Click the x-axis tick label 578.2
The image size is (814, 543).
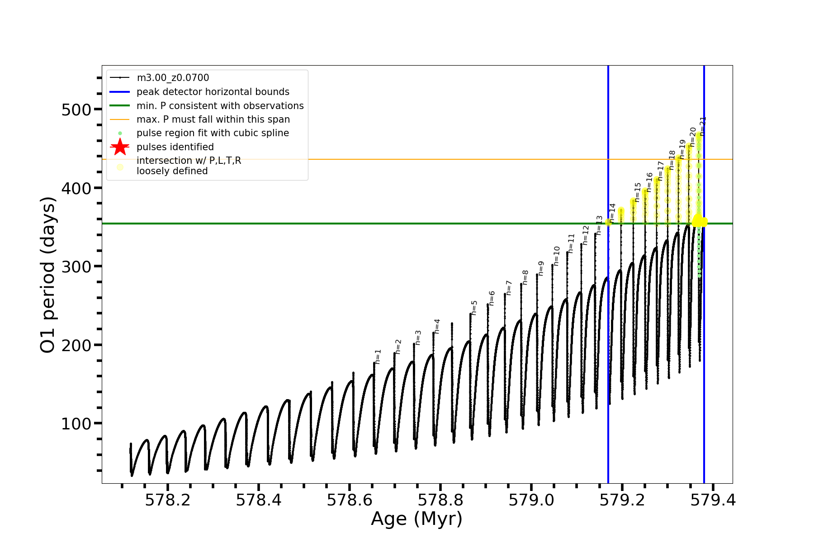[167, 500]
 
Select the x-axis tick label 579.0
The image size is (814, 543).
[531, 500]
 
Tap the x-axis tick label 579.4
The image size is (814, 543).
[713, 500]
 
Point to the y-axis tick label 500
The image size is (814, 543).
[76, 110]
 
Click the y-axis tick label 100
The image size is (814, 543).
[76, 424]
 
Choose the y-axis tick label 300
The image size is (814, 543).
[76, 267]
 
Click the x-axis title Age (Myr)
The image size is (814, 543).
[416, 519]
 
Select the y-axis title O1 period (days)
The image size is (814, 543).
[47, 275]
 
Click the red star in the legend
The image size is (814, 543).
[120, 147]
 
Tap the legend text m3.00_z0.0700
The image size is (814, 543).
[173, 78]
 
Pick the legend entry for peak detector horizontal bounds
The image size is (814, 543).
[213, 92]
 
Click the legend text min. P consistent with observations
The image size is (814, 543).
[220, 105]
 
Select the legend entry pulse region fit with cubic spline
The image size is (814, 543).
[213, 133]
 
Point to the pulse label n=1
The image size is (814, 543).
[378, 357]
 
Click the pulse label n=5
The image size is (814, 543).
[474, 308]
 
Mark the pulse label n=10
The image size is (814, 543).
[557, 256]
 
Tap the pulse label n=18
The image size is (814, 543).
[672, 160]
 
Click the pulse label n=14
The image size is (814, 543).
[612, 213]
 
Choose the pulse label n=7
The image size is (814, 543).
[509, 288]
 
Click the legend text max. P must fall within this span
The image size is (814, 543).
[213, 119]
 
